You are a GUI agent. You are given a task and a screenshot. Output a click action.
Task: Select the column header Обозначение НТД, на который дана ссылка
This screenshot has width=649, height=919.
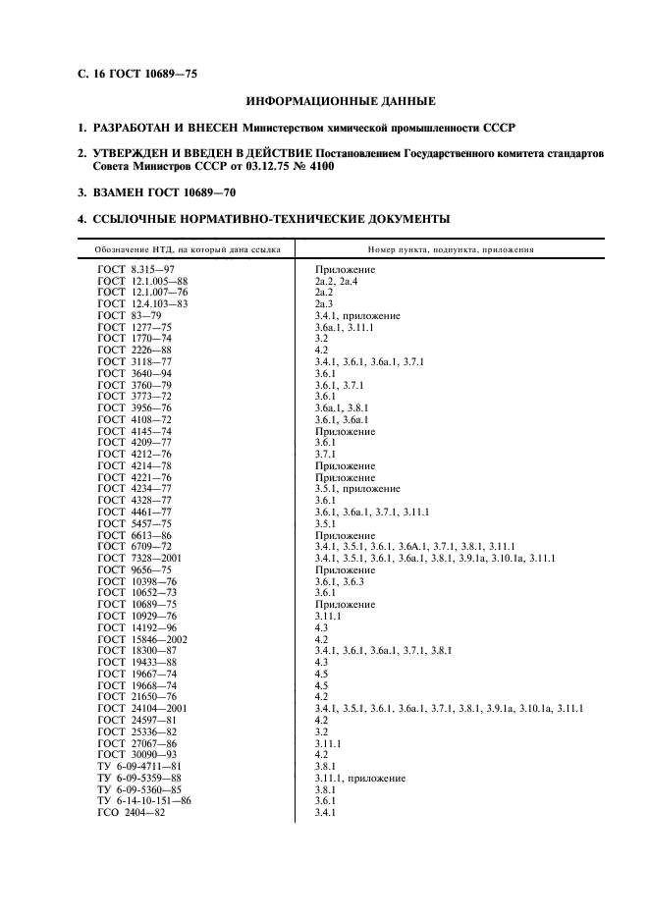[x=186, y=249]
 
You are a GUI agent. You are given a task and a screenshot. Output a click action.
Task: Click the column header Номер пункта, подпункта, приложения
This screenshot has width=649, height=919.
[x=451, y=249]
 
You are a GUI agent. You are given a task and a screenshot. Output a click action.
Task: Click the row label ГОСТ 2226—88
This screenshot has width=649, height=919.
[x=135, y=351]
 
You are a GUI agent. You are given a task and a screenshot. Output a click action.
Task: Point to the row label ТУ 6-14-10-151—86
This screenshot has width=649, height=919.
[x=143, y=801]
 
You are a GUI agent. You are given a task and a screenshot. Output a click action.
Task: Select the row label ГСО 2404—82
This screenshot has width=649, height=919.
[x=134, y=813]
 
